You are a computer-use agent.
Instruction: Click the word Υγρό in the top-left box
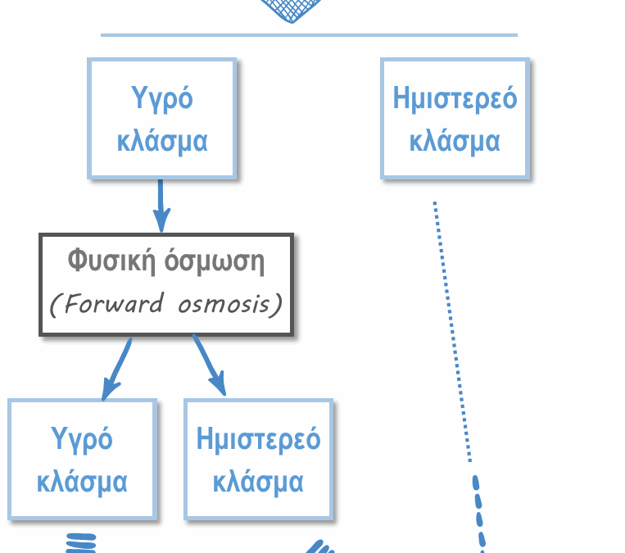click(x=162, y=98)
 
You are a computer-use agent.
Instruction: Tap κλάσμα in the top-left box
click(x=162, y=140)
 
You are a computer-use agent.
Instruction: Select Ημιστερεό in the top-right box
click(x=455, y=98)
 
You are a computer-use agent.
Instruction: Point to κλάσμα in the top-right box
click(x=455, y=140)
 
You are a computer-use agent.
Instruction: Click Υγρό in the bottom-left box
click(x=82, y=439)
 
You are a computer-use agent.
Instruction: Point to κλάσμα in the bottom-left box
click(x=82, y=481)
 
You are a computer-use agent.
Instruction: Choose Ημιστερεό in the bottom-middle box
click(x=258, y=439)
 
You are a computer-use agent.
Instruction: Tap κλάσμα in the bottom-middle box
click(x=258, y=481)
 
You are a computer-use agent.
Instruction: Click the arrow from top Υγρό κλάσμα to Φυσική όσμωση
click(x=161, y=205)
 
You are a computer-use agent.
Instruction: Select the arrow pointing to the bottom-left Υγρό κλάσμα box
click(x=116, y=368)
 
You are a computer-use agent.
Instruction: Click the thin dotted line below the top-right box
click(x=452, y=328)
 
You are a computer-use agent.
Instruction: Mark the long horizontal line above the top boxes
click(x=309, y=35)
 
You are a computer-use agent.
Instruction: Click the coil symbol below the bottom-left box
click(x=80, y=543)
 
